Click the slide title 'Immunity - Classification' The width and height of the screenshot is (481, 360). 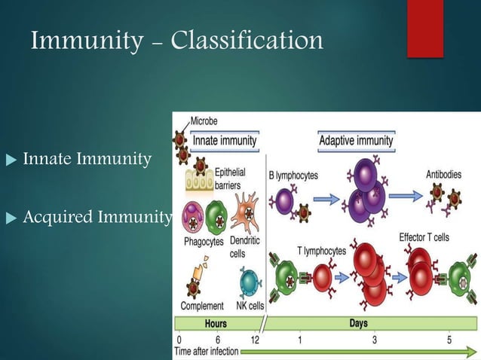coord(177,40)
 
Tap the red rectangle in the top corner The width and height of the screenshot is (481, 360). coord(424,28)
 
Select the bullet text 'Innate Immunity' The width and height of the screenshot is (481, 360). coord(87,159)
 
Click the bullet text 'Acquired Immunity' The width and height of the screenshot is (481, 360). coord(97,218)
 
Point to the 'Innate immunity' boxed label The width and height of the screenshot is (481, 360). coord(224,140)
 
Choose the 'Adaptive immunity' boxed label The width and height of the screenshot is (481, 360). coord(356,140)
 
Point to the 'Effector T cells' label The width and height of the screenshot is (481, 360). coord(424,237)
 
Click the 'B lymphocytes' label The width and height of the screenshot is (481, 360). coord(293,175)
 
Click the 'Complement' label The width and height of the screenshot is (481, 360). coord(201,306)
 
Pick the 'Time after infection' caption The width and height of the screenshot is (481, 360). coord(206,352)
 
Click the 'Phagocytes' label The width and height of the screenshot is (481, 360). coord(202,242)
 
